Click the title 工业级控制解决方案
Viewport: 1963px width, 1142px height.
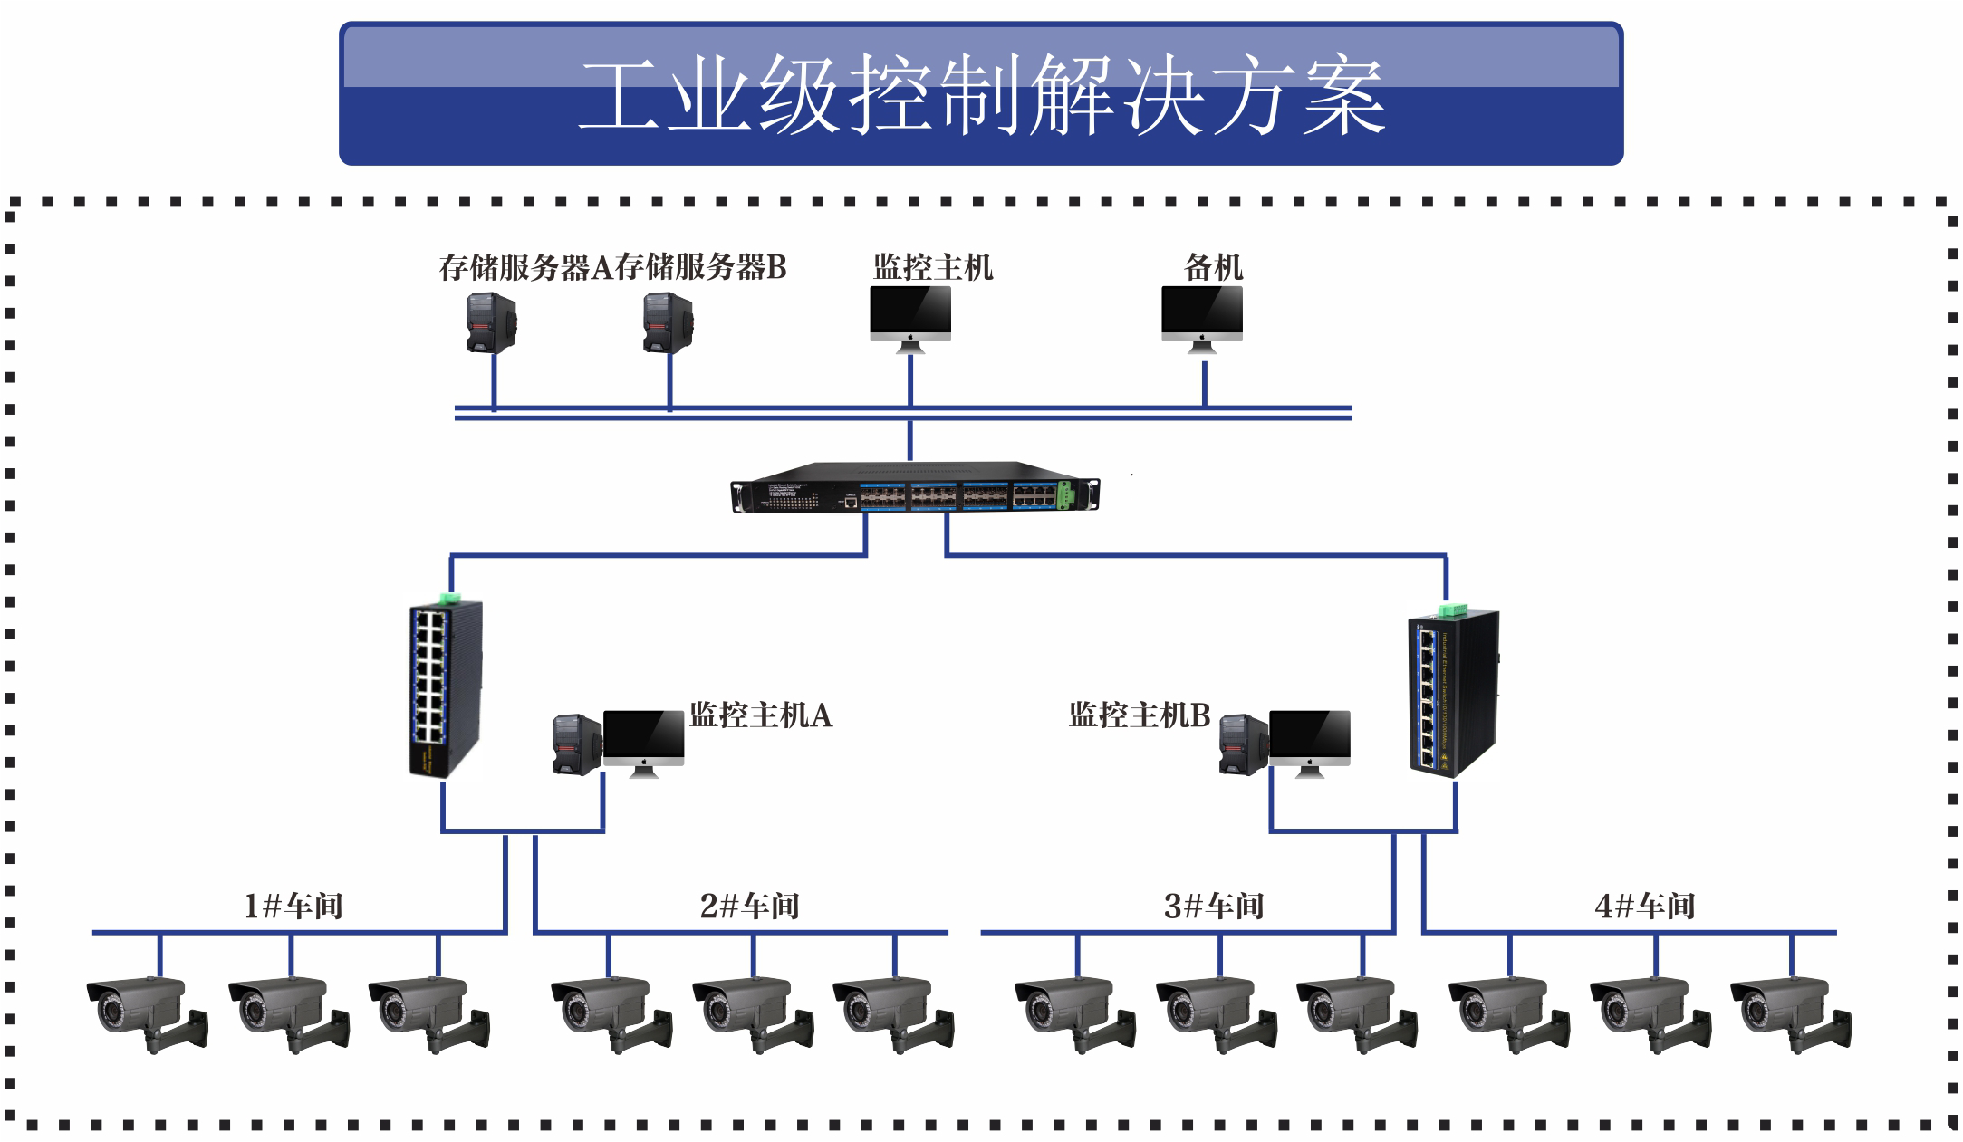[981, 95]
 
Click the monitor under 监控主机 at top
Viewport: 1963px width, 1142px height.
[910, 313]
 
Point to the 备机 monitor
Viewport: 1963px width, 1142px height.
[1202, 313]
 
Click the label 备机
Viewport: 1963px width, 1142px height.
[1213, 267]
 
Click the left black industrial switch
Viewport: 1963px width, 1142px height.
[443, 688]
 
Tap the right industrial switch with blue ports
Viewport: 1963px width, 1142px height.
[1453, 693]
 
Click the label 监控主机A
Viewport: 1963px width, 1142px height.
[760, 715]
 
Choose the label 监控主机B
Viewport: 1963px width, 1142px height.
[1139, 715]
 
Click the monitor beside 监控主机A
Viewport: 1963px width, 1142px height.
[643, 738]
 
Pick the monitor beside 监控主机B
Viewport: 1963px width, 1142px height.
[1309, 738]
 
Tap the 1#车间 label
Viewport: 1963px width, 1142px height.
[293, 906]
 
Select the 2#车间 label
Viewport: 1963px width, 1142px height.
[749, 906]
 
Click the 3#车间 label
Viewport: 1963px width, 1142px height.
[1213, 906]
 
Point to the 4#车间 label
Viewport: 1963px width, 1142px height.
[1644, 906]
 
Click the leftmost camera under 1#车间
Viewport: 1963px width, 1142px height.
[145, 1012]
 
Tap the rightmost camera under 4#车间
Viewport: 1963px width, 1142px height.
[1789, 1012]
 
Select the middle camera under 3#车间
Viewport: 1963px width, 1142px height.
[1214, 1012]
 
